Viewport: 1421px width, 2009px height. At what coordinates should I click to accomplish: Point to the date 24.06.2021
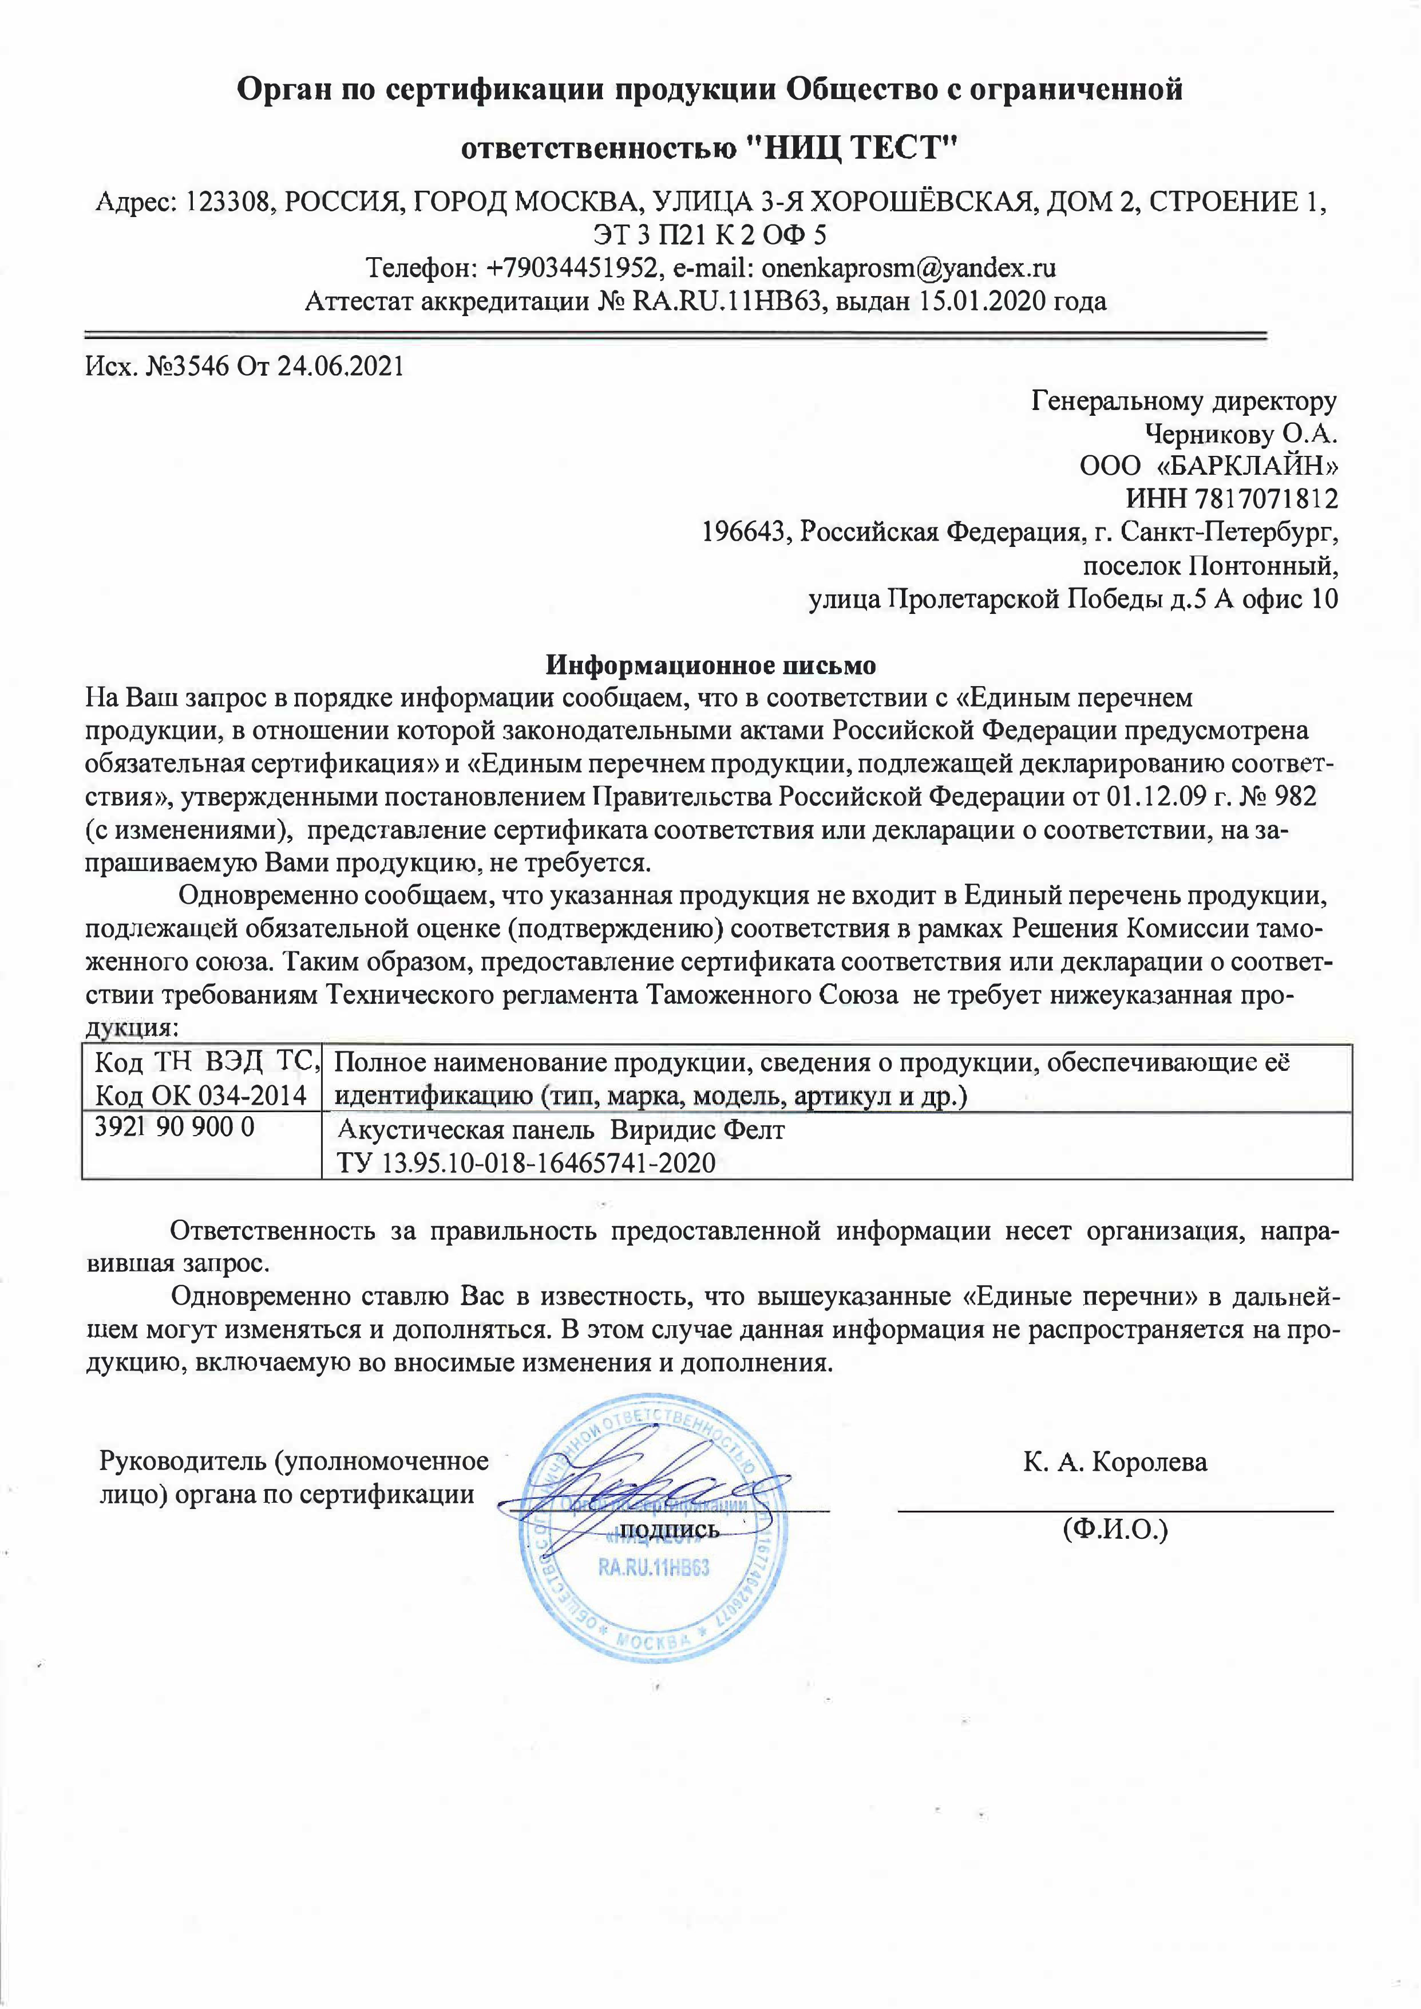341,366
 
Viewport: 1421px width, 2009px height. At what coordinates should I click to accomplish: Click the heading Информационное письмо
711,665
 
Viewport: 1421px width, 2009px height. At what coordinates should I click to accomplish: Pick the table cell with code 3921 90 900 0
175,1128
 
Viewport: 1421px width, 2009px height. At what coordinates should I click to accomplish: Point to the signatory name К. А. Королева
1115,1462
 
